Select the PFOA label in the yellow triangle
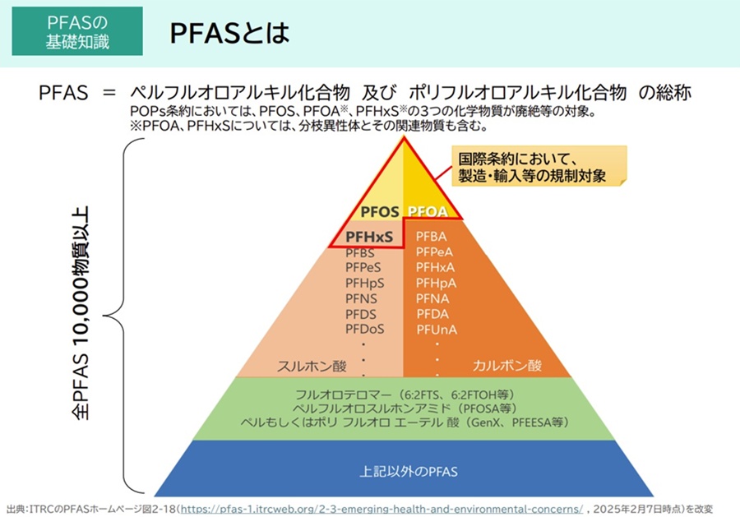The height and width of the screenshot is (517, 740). coord(427,212)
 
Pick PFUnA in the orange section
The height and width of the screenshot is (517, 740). coord(437,328)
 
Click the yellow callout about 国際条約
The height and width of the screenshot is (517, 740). coord(539,167)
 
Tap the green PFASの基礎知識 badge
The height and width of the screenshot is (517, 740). coord(77,30)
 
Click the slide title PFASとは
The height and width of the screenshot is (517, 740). coord(229,33)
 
